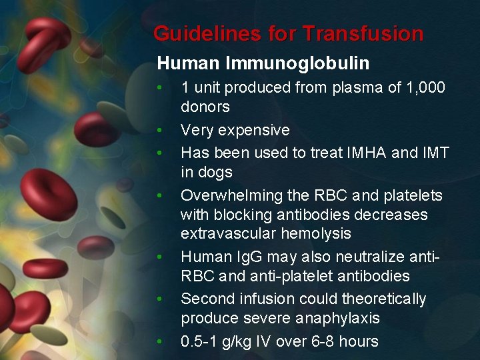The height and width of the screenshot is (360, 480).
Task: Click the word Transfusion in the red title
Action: click(x=363, y=33)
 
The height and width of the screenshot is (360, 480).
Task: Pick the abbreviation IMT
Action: click(x=435, y=153)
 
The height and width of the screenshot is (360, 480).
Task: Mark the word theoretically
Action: click(x=383, y=299)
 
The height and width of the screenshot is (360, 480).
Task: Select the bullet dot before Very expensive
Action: click(x=159, y=130)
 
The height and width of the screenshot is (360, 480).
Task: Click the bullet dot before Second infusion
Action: click(x=159, y=299)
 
